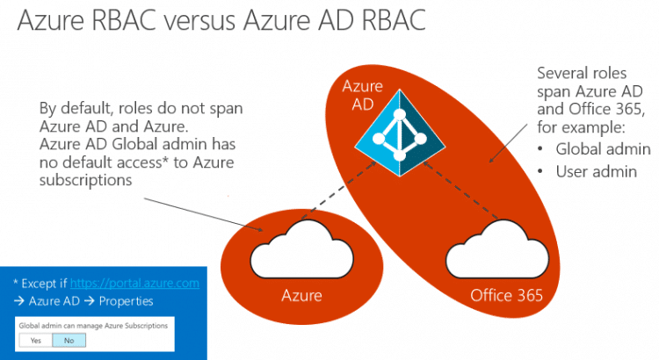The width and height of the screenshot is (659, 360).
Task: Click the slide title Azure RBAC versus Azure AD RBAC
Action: (x=221, y=19)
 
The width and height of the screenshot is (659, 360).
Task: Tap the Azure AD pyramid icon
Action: (x=400, y=133)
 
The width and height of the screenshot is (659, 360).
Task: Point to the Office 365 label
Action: (x=506, y=295)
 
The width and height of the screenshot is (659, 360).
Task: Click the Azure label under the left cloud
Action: (x=301, y=295)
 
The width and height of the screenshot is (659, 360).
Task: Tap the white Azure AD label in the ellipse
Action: (x=362, y=96)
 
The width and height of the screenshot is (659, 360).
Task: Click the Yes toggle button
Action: (x=36, y=341)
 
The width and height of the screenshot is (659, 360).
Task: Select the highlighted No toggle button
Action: (x=69, y=341)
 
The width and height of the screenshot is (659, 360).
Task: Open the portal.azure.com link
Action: (x=134, y=284)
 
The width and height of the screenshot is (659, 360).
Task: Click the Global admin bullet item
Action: (x=603, y=149)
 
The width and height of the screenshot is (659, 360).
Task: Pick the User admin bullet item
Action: (x=597, y=171)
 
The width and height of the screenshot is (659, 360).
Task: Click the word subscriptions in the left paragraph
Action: (x=86, y=180)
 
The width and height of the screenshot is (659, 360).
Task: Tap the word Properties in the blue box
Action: (x=126, y=301)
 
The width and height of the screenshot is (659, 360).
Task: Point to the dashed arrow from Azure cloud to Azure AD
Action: (x=338, y=190)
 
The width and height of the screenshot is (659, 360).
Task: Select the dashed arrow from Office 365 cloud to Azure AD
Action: (x=460, y=190)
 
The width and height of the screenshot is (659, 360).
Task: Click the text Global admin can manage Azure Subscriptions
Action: (x=93, y=326)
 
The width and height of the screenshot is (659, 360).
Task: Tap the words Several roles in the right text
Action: (x=582, y=73)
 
